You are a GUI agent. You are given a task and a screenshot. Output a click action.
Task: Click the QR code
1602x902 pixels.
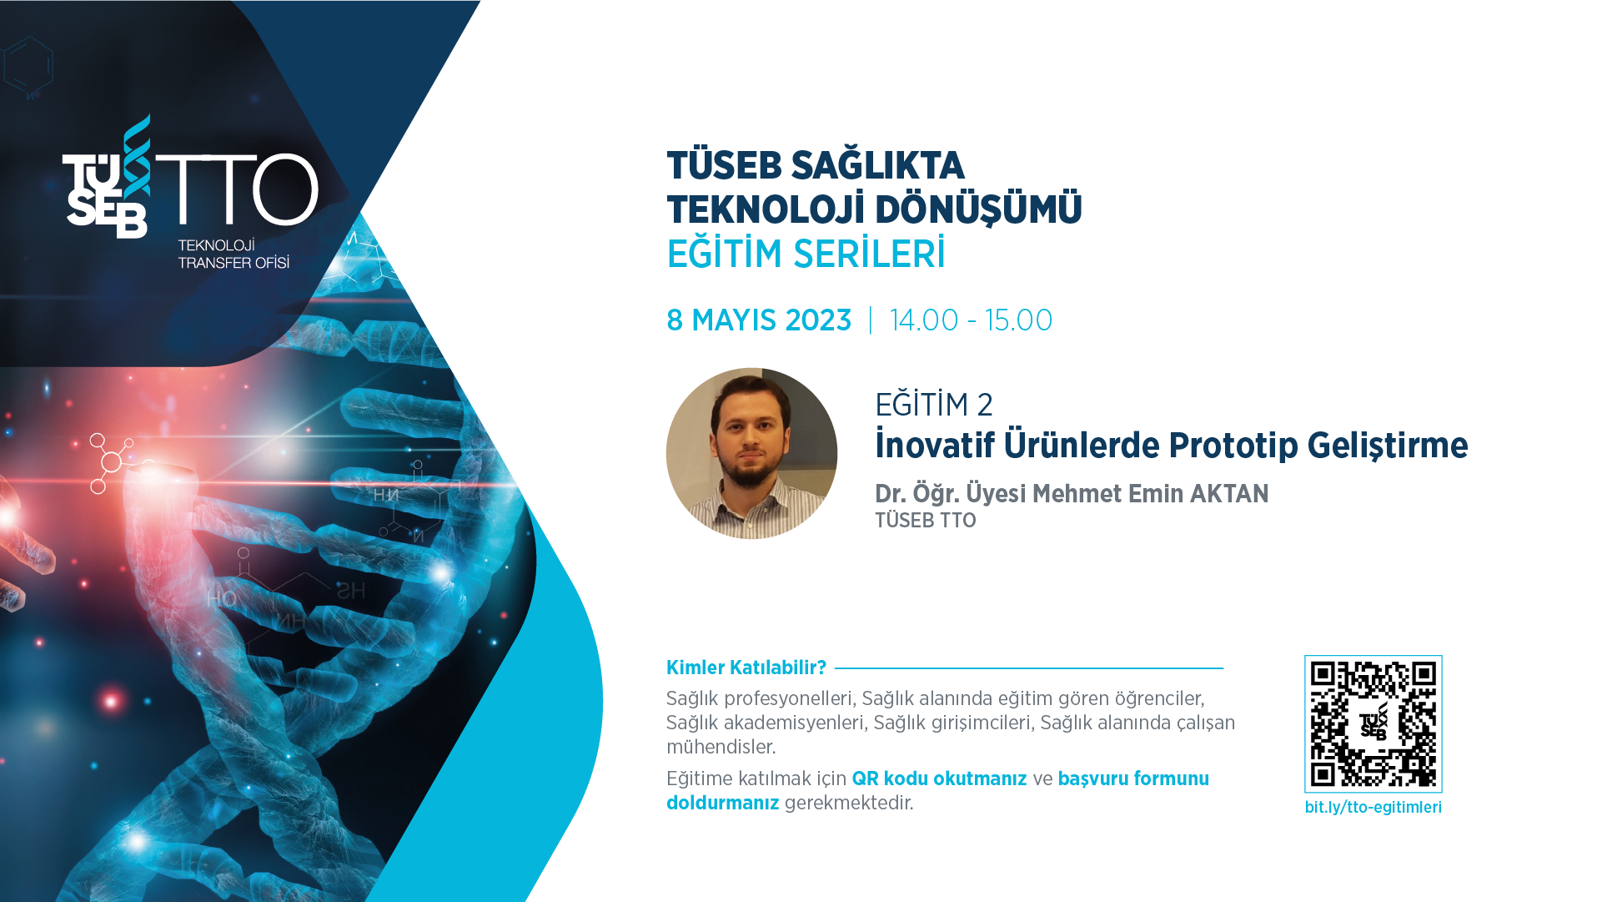pos(1373,723)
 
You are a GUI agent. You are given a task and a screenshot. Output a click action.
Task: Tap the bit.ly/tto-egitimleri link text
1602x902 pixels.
pos(1373,807)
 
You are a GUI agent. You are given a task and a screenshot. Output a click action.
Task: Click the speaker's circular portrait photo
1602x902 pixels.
pos(751,453)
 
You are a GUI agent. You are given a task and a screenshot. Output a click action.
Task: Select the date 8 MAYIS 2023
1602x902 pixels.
pos(759,320)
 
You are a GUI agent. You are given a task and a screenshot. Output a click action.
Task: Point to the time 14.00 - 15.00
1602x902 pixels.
pos(971,320)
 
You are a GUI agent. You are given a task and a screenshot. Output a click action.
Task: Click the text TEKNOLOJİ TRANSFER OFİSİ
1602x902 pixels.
pos(234,254)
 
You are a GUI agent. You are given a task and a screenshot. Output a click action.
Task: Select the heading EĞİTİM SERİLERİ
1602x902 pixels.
pos(806,253)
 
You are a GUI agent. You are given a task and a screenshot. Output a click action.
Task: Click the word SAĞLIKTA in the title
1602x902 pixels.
pos(877,164)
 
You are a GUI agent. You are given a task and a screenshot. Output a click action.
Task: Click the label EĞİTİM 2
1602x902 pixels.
pos(933,404)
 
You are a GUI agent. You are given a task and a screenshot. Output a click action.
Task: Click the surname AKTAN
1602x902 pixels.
pos(1229,493)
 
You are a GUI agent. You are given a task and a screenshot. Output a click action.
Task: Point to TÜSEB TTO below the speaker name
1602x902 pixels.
pos(925,520)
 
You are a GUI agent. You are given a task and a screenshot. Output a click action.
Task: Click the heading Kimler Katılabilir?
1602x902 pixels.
pos(746,668)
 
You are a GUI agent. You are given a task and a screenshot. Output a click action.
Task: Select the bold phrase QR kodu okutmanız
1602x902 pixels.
pos(939,779)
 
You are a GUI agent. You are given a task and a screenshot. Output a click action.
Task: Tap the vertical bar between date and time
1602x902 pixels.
pos(871,320)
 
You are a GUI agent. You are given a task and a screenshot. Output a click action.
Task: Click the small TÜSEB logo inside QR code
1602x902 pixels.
pos(1374,721)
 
